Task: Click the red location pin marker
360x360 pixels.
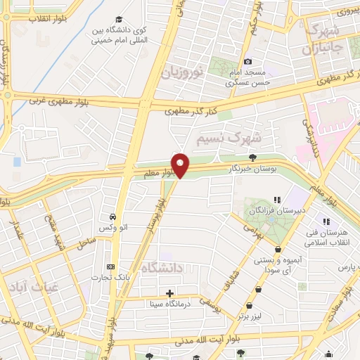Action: pyautogui.click(x=181, y=166)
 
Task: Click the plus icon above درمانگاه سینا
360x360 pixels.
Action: pyautogui.click(x=169, y=292)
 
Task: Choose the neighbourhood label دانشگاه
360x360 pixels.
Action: pyautogui.click(x=163, y=268)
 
